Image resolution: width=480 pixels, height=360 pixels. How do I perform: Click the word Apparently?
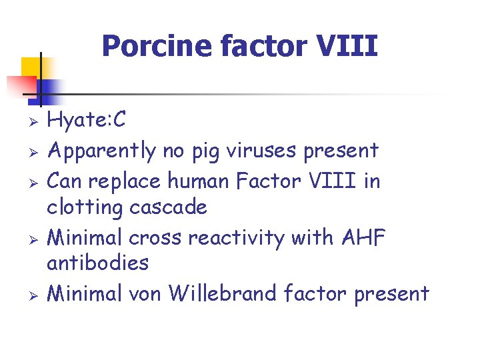coord(103,151)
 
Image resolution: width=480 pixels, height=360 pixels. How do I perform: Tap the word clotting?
coord(85,207)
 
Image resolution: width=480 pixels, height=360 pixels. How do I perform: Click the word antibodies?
coord(97,263)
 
